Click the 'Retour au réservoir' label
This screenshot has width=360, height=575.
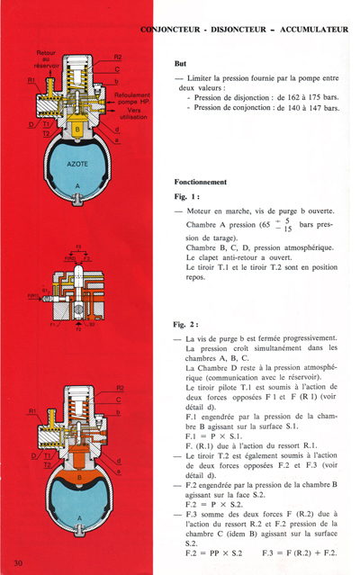(x=45, y=59)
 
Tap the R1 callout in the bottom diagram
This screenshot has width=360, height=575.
(x=33, y=413)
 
